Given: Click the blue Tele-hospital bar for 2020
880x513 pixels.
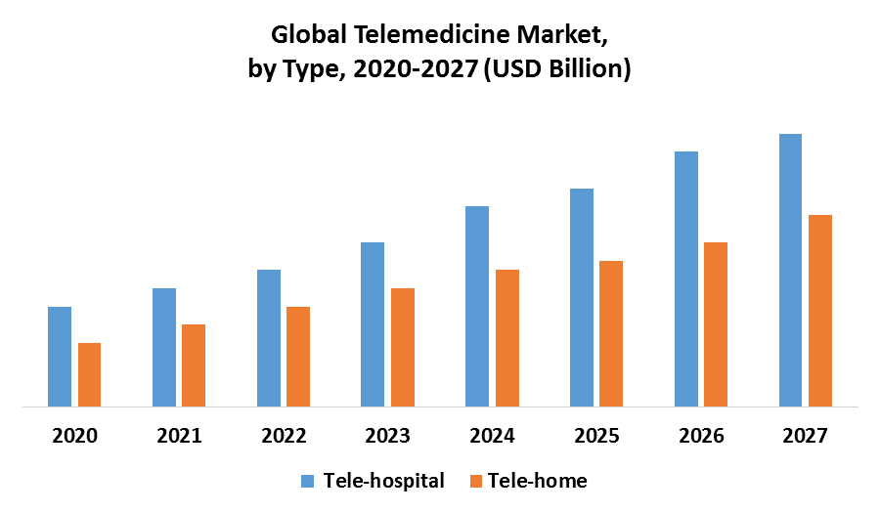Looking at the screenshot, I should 60,356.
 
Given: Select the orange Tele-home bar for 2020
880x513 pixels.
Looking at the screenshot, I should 89,374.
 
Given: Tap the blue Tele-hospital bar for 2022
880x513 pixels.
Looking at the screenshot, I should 269,337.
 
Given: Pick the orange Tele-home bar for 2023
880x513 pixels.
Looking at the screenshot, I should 403,347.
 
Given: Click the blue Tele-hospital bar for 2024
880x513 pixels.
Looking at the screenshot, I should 477,306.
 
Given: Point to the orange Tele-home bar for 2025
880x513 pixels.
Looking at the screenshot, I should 611,333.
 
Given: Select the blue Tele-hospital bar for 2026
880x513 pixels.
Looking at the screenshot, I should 686,278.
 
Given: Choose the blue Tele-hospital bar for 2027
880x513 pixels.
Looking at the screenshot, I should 790,270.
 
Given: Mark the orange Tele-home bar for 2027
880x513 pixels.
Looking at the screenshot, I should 820,310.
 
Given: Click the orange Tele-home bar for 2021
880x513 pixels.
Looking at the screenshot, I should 194,364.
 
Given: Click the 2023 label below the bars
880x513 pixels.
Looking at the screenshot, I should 387,436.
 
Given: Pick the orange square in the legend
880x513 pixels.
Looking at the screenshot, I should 477,481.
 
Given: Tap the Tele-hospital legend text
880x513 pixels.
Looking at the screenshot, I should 383,481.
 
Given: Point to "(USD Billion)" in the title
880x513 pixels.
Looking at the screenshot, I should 556,69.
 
